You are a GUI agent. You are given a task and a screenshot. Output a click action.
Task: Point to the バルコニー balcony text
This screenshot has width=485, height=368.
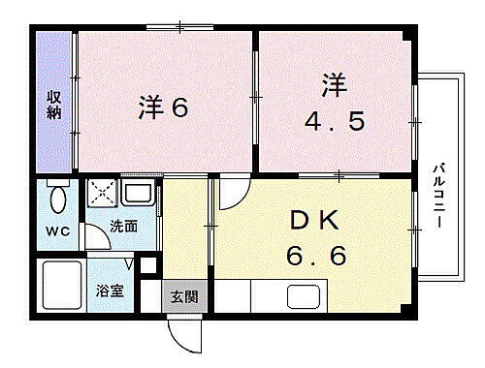coord(438,194)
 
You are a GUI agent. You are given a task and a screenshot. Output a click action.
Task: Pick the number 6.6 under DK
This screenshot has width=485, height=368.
coord(315,257)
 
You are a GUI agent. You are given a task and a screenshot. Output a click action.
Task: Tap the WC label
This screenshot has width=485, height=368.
coord(55,232)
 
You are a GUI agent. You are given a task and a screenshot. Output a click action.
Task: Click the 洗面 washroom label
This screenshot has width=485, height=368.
coord(122,227)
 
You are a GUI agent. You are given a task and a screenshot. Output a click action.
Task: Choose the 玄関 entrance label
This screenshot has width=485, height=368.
coord(184,295)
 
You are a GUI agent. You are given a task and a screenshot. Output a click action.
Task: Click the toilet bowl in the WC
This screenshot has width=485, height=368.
coord(56,200)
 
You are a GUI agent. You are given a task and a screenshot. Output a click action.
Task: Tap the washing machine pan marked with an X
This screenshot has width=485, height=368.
coord(102,194)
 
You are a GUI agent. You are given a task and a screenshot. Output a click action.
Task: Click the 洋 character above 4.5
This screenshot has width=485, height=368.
coord(333,85)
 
